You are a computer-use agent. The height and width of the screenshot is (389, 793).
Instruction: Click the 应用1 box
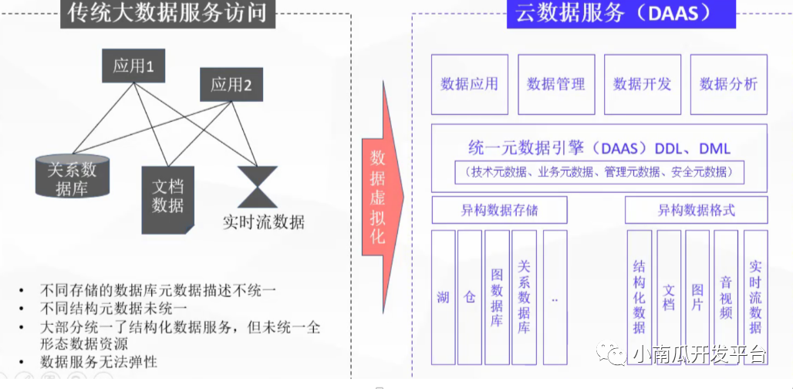coord(133,66)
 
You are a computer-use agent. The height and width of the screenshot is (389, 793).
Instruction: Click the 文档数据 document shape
coord(167,196)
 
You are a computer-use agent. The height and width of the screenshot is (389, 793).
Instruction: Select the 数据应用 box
coord(470,84)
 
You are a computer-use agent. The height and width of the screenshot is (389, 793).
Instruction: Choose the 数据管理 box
coord(556,84)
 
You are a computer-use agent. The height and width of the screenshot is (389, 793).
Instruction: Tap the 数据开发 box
coord(643,84)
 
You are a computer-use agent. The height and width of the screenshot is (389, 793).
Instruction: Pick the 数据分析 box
coord(728,84)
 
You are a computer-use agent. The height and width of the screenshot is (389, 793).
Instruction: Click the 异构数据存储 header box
coord(499,209)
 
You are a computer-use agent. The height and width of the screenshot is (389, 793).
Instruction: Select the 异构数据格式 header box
coord(696,209)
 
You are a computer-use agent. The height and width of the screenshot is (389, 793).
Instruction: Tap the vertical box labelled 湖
coord(443,297)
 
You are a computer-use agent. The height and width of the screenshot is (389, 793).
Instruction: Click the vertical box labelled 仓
coord(469,297)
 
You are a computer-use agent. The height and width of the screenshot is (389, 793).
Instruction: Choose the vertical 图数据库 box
coord(497,297)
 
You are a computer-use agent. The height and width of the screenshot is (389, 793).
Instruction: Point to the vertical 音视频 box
coord(726,297)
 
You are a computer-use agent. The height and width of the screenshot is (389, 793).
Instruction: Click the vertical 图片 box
coord(697,297)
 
